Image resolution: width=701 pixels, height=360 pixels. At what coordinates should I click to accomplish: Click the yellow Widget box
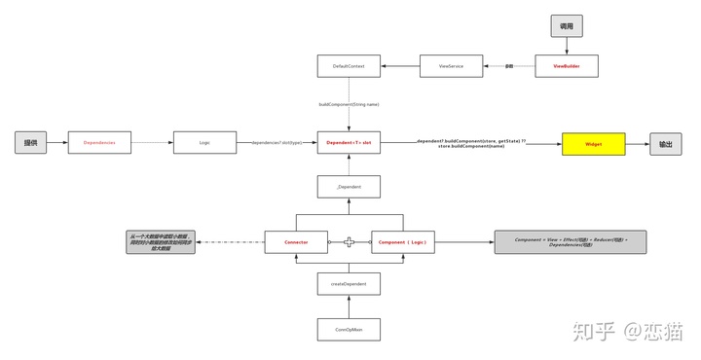point(593,143)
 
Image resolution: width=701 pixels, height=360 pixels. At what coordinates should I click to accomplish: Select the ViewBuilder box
point(567,66)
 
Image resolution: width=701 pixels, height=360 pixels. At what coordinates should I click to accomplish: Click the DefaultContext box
point(349,66)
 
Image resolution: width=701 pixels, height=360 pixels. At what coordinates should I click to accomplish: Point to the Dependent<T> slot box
point(349,143)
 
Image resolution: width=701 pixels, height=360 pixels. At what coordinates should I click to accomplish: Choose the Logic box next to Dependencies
point(204,143)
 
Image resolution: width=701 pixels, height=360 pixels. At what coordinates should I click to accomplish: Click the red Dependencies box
point(99,143)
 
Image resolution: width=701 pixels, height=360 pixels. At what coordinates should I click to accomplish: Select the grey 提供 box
point(31,143)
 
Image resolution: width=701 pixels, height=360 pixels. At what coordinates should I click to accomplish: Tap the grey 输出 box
point(665,143)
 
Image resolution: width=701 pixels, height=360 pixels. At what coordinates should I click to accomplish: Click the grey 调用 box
point(567,26)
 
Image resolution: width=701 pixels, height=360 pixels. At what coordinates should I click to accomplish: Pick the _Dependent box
point(349,187)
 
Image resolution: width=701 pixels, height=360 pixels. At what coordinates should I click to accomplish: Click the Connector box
point(296,241)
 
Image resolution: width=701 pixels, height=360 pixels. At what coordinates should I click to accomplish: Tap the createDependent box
point(349,284)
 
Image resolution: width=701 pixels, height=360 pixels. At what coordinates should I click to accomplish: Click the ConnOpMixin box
point(349,329)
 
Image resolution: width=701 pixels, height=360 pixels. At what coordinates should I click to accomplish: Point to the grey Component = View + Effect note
point(570,241)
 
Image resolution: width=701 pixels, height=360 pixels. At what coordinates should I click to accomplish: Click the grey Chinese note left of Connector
point(161,242)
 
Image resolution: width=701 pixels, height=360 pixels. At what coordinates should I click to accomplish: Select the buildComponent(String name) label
point(349,104)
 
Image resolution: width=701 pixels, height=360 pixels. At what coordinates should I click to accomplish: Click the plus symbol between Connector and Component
point(350,241)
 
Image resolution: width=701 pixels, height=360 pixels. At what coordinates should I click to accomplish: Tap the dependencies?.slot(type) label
point(277,143)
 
